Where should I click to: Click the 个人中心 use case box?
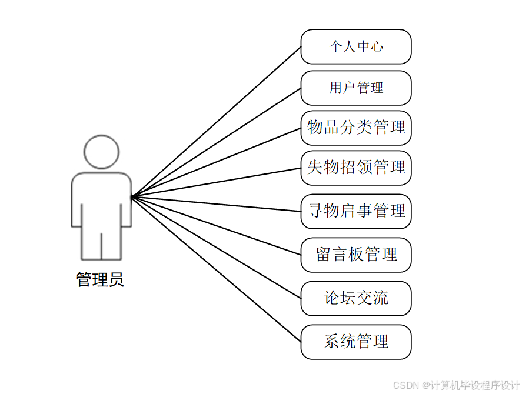[355, 46]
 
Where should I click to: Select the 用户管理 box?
[355, 88]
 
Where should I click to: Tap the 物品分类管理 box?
[355, 128]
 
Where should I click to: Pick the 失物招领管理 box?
[355, 168]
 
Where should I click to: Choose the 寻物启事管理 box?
[355, 211]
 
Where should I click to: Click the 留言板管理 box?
[355, 255]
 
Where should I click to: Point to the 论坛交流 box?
[355, 298]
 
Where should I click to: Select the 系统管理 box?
[355, 342]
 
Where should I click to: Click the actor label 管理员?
[100, 280]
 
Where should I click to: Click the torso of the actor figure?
[101, 200]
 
